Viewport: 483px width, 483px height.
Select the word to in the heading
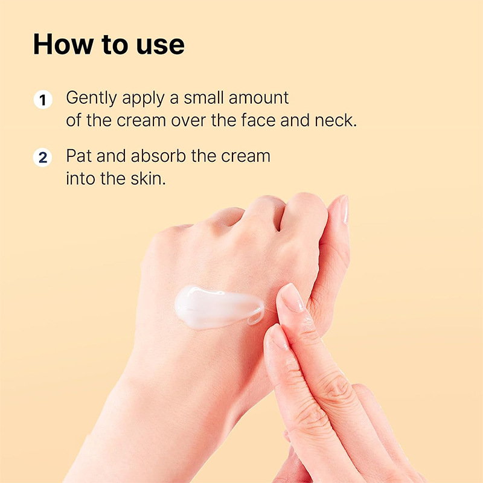(x=114, y=46)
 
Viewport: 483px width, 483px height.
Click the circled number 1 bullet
(x=43, y=99)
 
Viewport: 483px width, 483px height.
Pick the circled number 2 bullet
(x=43, y=158)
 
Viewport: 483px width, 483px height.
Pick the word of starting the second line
(x=73, y=120)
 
